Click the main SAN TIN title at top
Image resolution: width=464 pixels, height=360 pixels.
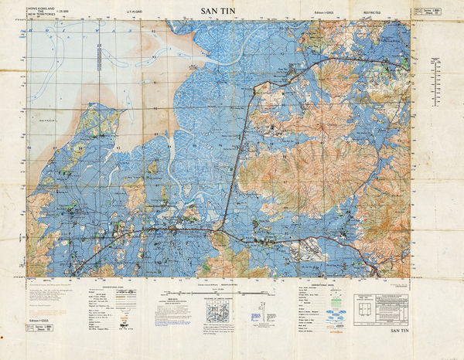point(219,12)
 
